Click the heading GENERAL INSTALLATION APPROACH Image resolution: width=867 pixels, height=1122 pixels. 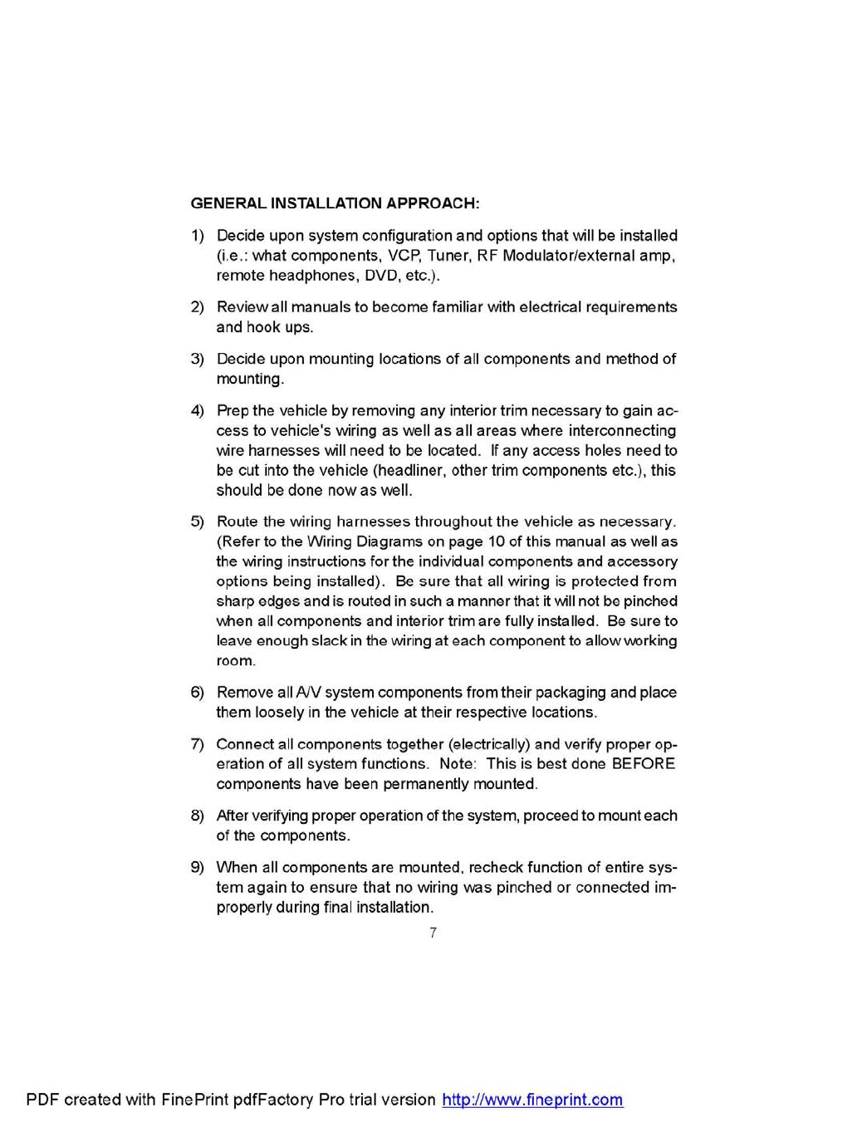[x=335, y=203]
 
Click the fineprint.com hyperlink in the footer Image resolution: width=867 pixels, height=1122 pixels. [x=532, y=1100]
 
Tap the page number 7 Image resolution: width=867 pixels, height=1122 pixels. [x=433, y=933]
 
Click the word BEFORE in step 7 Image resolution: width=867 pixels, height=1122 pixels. [x=644, y=764]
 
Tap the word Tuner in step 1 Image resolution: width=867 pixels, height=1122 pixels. [x=449, y=256]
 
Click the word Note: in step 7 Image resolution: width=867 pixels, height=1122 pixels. [x=458, y=764]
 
